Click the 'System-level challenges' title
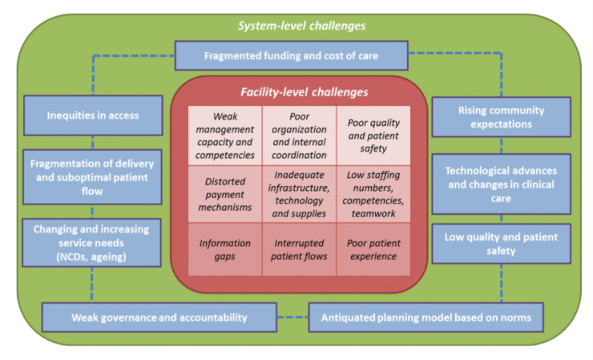tap(301, 26)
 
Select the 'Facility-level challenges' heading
tap(299, 92)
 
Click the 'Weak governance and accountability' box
tap(160, 317)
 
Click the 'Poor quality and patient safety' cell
tap(374, 136)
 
